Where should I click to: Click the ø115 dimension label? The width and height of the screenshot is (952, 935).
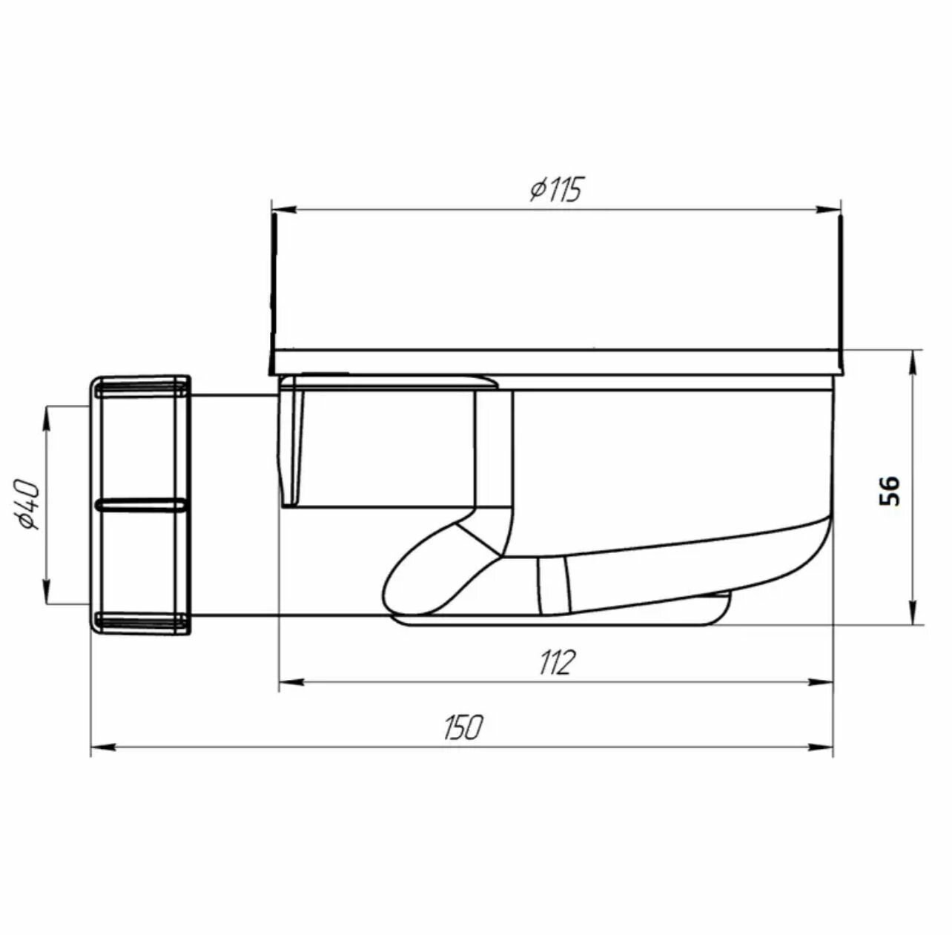pyautogui.click(x=557, y=189)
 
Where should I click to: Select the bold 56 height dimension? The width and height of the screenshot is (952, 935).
pyautogui.click(x=890, y=491)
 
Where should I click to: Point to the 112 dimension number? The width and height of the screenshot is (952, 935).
pyautogui.click(x=557, y=663)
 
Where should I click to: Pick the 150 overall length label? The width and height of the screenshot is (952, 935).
pyautogui.click(x=463, y=728)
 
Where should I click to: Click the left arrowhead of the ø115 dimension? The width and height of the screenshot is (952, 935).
pyautogui.click(x=285, y=210)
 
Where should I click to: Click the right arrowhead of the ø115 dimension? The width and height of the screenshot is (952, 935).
pyautogui.click(x=828, y=210)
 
